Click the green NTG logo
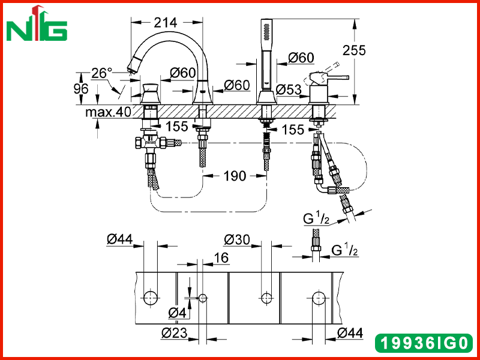click(x=37, y=23)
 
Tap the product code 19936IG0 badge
click(x=424, y=343)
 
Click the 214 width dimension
click(x=166, y=22)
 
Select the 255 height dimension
click(x=354, y=50)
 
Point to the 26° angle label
click(x=102, y=73)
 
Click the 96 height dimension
click(x=81, y=89)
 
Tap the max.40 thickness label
click(x=108, y=112)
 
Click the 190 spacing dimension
click(x=235, y=176)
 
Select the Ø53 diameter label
click(x=289, y=89)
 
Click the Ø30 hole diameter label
click(x=236, y=239)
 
